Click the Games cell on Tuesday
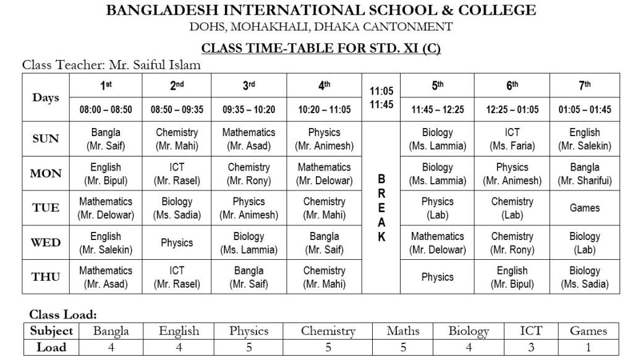[584, 208]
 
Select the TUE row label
[46, 208]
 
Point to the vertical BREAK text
[381, 208]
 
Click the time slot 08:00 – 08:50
[106, 109]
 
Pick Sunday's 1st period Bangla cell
[106, 139]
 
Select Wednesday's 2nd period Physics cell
[177, 242]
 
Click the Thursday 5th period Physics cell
[437, 277]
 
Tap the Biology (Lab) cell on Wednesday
[584, 242]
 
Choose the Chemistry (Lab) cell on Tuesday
[512, 208]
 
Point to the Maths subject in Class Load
[402, 331]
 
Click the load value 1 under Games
[588, 347]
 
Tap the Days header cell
[46, 98]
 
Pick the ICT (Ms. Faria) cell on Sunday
[512, 139]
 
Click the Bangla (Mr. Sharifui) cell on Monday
[584, 173]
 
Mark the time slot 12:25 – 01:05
[512, 109]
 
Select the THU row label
[46, 277]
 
